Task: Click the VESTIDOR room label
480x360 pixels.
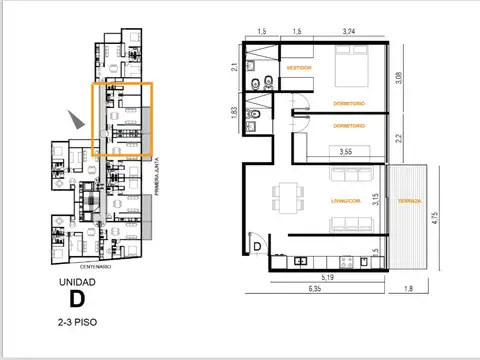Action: click(x=298, y=68)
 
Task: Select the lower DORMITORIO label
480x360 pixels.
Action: click(x=348, y=126)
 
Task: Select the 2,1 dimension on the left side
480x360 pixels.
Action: click(x=233, y=67)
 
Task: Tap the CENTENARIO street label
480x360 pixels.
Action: click(x=96, y=268)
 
